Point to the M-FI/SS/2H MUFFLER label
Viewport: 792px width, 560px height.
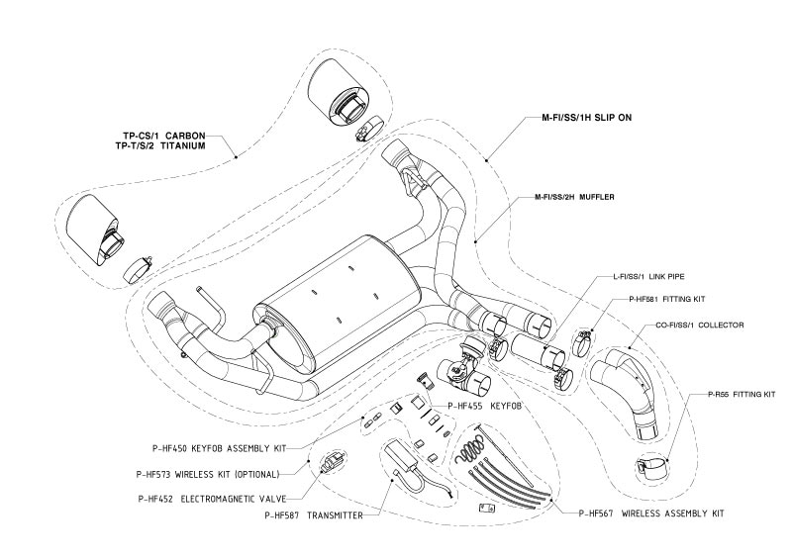click(x=568, y=198)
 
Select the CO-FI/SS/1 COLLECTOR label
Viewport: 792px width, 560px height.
click(x=684, y=325)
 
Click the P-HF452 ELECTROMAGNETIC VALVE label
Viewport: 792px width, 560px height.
click(x=221, y=497)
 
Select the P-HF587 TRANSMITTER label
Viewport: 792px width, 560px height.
click(x=310, y=515)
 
